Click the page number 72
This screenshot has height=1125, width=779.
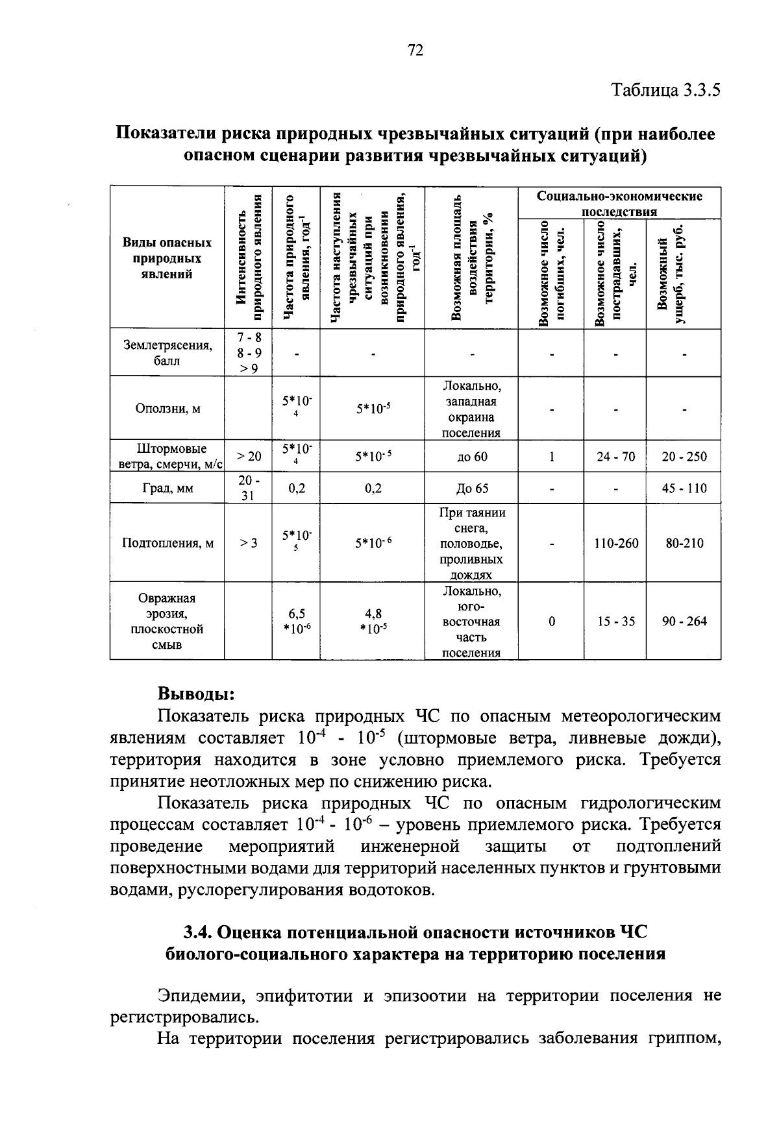click(415, 51)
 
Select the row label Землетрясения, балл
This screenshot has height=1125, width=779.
click(167, 353)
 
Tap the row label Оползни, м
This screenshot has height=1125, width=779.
click(167, 409)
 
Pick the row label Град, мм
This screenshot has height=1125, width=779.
click(167, 489)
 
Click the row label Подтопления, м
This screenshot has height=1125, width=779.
click(167, 543)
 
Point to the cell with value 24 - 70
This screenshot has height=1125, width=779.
click(616, 457)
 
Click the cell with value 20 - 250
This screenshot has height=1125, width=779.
click(684, 457)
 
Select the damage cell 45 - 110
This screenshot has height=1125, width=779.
click(684, 489)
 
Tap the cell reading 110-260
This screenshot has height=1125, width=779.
click(616, 543)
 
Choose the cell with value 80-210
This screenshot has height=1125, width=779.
click(684, 543)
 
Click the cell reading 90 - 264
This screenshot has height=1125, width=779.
click(684, 622)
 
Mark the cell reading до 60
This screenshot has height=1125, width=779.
click(472, 457)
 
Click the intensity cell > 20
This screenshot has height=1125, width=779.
click(249, 457)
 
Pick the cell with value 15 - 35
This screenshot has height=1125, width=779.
click(616, 622)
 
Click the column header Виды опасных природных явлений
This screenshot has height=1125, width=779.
click(167, 258)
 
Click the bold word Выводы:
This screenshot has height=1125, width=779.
click(196, 694)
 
